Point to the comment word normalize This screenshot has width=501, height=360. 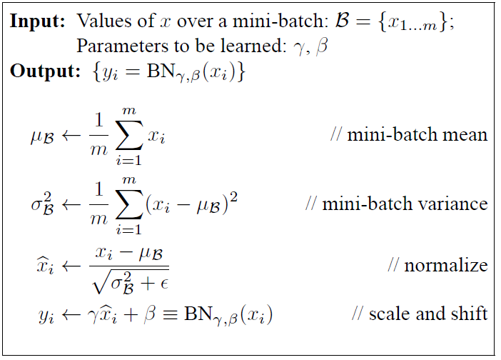446,266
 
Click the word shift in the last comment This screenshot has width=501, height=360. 470,314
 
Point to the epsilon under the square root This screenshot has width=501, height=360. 163,281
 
